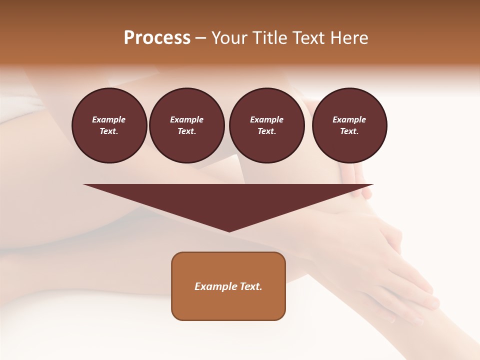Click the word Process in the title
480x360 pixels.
[157, 38]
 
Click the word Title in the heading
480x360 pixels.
[269, 38]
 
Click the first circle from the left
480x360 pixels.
[109, 125]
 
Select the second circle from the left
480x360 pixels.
[186, 125]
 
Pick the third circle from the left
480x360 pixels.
[266, 125]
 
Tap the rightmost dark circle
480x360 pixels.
[349, 125]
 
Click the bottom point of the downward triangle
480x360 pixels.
[229, 230]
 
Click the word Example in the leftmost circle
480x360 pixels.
[109, 119]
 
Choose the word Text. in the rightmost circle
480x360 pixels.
[349, 131]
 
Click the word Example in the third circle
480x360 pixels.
[266, 119]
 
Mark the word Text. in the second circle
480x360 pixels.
[186, 131]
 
